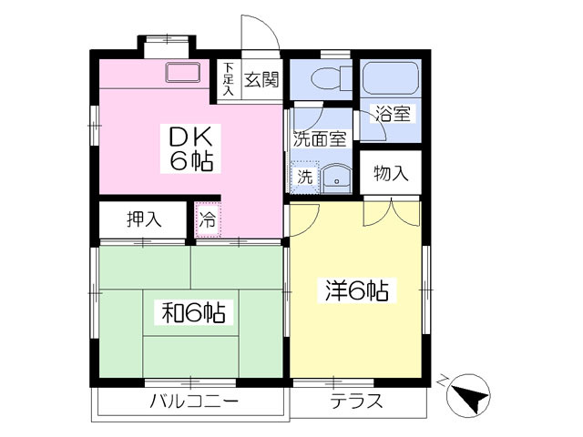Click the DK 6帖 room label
coord(190,148)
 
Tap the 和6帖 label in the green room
coord(193,312)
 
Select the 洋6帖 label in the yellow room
coord(357,290)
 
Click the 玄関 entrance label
coord(261,79)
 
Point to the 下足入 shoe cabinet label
coord(229,79)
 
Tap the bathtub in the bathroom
coord(391,78)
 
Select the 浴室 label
coord(393,114)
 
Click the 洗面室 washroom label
coord(320,138)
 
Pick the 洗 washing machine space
coord(304,178)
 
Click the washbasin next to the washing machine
coord(336,179)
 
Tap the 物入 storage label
coord(391,173)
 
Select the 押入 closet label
coord(144,219)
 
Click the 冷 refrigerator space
coord(208,219)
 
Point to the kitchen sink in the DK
coord(182,72)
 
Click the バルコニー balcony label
coord(193,401)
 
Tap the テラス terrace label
coord(356,401)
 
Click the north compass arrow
coord(470,396)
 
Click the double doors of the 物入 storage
coord(392,212)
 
